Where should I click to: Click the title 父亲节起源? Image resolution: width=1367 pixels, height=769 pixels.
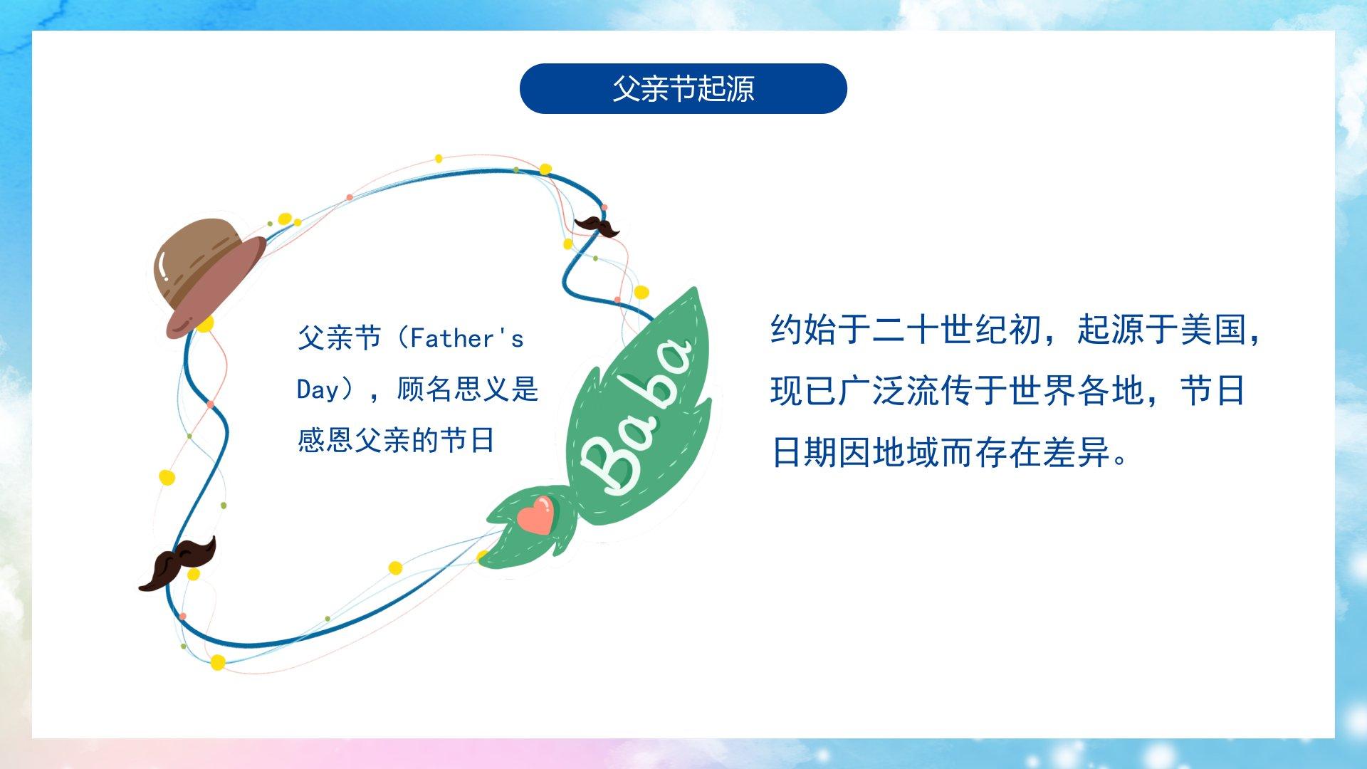683,89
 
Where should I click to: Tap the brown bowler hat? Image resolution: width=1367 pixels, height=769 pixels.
209,278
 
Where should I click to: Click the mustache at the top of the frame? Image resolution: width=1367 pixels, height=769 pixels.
597,226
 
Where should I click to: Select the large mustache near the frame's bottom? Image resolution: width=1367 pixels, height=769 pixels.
177,563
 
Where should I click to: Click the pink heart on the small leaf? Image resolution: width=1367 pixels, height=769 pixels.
535,515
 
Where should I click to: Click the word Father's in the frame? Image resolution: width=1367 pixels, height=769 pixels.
466,338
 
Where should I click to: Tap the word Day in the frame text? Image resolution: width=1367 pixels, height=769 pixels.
318,389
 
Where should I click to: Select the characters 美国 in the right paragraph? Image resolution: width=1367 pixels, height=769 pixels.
1213,329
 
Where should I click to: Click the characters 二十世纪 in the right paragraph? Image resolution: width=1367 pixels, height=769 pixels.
941,329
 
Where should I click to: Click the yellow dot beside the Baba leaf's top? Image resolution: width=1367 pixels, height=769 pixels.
641,292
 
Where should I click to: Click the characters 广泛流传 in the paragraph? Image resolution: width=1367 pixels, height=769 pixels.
906,391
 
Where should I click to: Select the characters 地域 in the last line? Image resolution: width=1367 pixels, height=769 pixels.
906,452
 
